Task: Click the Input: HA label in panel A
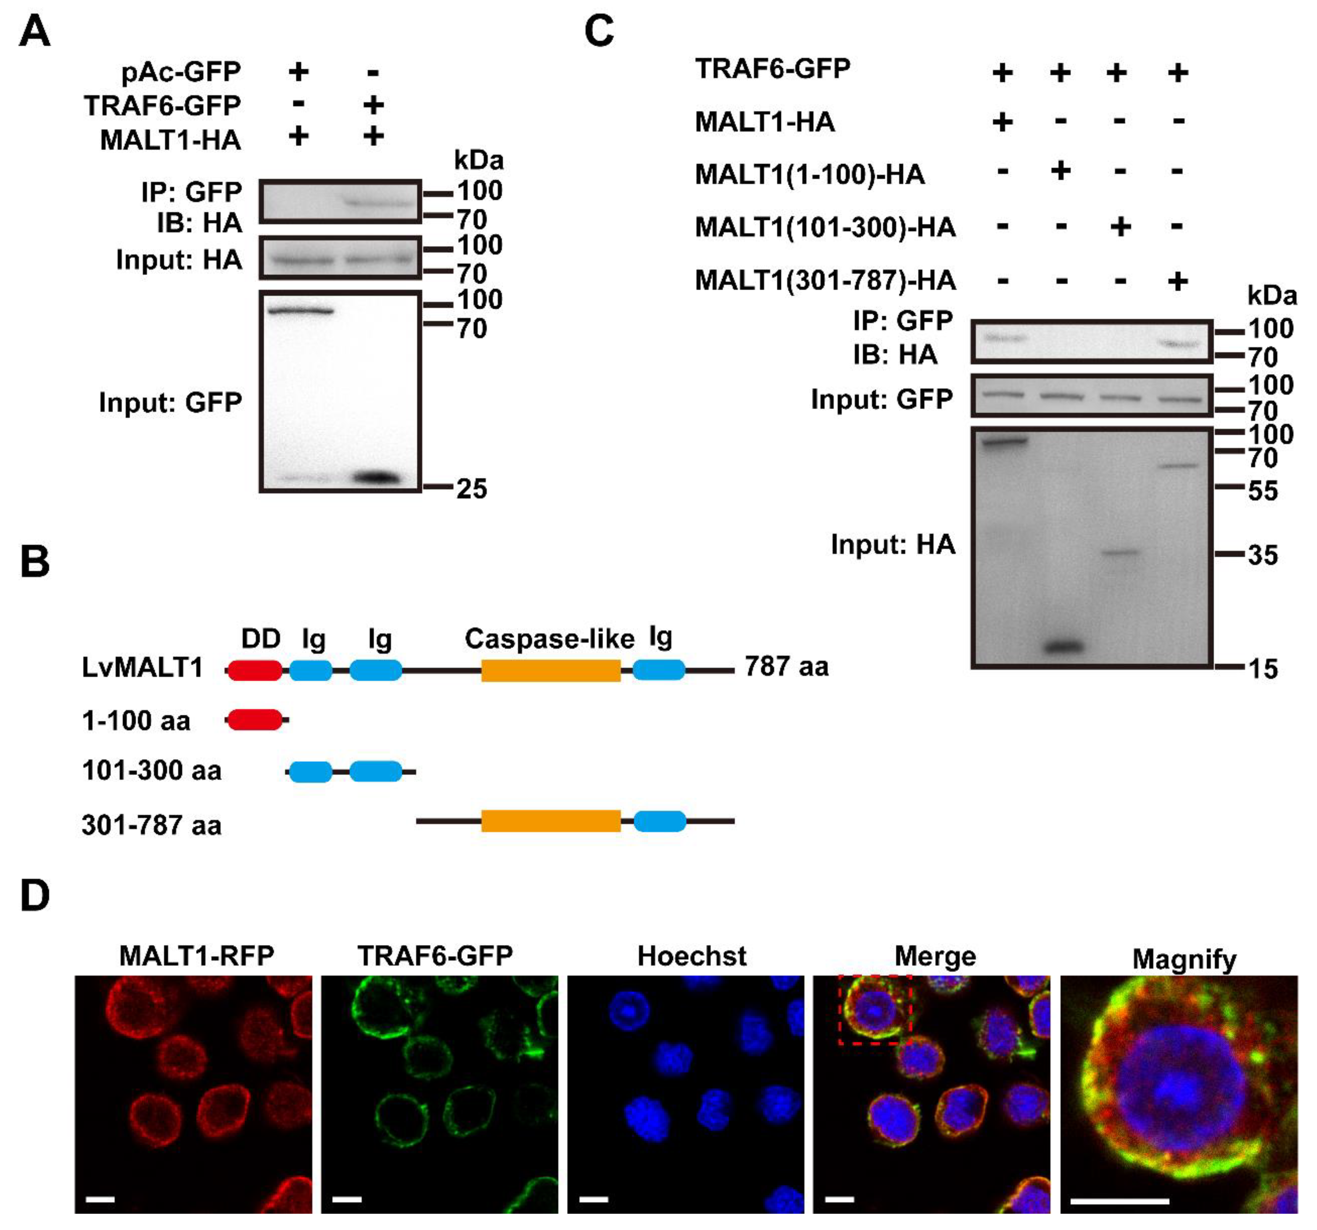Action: (x=179, y=260)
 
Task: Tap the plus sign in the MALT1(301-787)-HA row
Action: (x=1177, y=281)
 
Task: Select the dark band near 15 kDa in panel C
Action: (x=1062, y=646)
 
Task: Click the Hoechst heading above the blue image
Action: (x=692, y=956)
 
